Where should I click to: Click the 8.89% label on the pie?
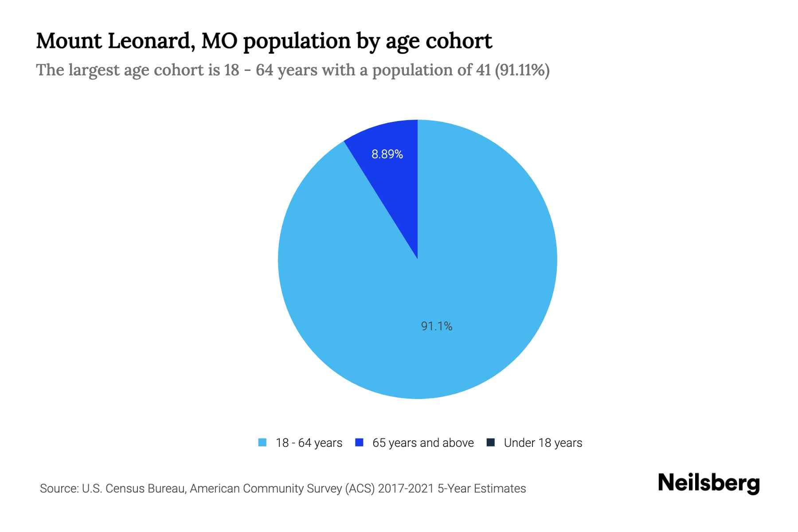387,154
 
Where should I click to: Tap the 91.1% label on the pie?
437,326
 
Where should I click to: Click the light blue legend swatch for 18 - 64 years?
262,442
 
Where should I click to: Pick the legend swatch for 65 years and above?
359,442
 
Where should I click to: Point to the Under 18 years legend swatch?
491,442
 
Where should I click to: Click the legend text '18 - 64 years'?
309,443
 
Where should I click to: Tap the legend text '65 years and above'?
423,443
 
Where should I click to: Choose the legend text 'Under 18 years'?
543,443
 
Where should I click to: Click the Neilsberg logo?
709,483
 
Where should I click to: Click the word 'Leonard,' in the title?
150,41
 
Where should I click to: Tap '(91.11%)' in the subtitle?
522,70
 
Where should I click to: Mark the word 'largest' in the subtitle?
94,70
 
